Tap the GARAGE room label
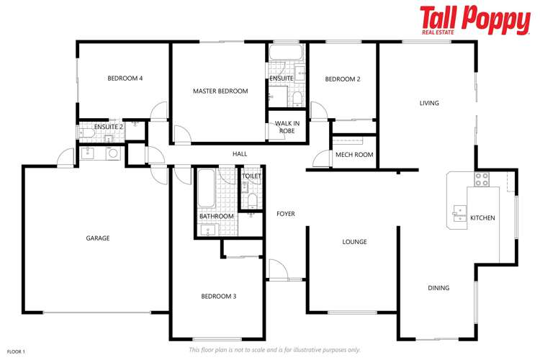(x=97, y=238)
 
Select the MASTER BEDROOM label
(x=220, y=91)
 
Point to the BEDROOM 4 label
(x=125, y=78)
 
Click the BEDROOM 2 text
(x=342, y=79)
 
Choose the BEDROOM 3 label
(x=218, y=296)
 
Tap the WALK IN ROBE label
(x=287, y=127)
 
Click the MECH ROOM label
(x=354, y=155)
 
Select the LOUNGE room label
(x=354, y=242)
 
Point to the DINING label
(x=438, y=288)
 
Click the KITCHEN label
(x=482, y=217)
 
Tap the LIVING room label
(x=429, y=104)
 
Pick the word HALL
(x=240, y=154)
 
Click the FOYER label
(x=286, y=214)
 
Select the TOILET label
(x=251, y=176)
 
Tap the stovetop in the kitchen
(x=482, y=178)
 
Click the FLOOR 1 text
(x=16, y=351)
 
